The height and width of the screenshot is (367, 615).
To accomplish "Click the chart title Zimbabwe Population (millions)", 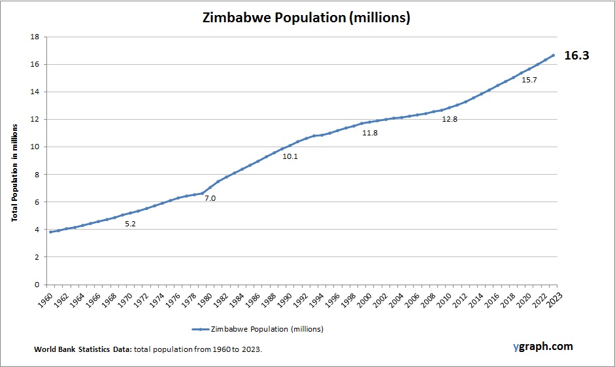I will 307,18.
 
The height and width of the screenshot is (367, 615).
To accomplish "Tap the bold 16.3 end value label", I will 576,56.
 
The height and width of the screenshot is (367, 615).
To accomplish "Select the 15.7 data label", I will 529,80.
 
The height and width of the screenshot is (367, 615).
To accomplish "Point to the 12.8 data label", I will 450,120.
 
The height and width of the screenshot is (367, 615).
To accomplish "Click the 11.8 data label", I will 370,133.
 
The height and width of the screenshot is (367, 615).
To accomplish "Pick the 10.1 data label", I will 290,156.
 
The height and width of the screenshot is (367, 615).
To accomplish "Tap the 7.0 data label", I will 210,198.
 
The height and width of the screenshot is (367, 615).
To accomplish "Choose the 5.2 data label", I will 130,224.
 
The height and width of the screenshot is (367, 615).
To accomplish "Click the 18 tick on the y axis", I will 35,37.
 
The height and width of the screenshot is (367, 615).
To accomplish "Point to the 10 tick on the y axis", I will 35,147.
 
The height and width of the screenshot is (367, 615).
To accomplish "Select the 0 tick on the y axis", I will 37,285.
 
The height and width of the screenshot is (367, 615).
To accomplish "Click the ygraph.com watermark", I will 543,346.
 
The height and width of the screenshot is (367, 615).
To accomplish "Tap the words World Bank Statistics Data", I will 83,350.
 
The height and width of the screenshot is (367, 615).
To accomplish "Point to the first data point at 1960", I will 50,232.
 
